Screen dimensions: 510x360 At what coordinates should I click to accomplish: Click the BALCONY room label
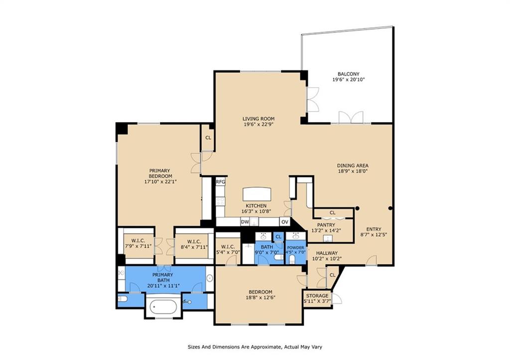(x=348, y=74)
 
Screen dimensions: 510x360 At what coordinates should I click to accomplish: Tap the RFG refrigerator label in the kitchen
(x=221, y=182)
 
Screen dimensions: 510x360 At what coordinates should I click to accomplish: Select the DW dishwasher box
(x=245, y=222)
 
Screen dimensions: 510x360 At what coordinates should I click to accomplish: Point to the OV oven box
(x=285, y=222)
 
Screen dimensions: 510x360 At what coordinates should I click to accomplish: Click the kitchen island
(x=257, y=194)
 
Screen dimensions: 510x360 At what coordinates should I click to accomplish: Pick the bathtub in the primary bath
(x=163, y=306)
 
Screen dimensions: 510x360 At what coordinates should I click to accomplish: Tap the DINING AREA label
(x=353, y=165)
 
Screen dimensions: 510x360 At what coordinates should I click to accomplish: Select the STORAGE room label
(x=317, y=296)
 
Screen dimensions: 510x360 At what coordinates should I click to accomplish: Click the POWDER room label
(x=296, y=247)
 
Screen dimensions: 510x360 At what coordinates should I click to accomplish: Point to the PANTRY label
(x=326, y=225)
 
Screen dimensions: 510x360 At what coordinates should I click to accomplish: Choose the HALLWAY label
(x=327, y=253)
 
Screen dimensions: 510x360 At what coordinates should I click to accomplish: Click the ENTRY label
(x=374, y=229)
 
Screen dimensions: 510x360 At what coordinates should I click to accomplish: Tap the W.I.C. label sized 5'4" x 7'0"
(x=228, y=247)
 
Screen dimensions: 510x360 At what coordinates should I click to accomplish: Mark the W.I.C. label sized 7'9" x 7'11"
(x=138, y=241)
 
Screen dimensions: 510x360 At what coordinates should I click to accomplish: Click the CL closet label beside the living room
(x=208, y=137)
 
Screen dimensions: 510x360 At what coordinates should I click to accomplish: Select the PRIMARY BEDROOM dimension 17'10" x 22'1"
(x=160, y=182)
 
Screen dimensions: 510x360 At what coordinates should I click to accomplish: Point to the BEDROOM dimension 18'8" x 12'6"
(x=260, y=297)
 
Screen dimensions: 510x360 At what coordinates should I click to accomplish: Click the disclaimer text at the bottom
(x=255, y=347)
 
